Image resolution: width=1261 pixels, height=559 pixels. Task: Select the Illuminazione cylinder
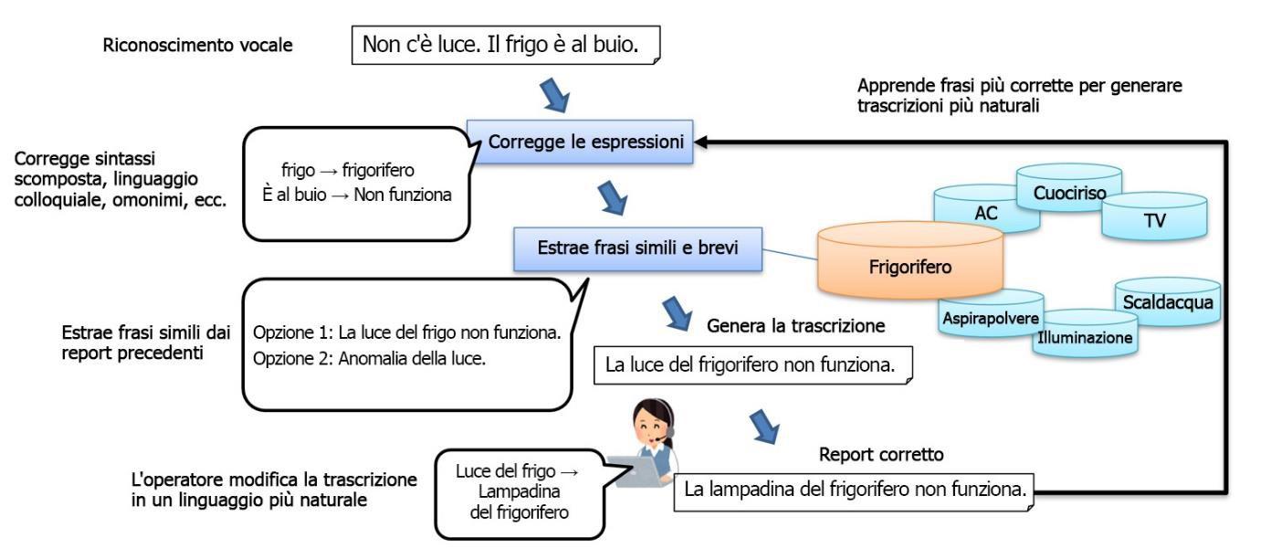[1084, 337]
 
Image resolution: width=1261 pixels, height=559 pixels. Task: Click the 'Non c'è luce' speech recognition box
[506, 44]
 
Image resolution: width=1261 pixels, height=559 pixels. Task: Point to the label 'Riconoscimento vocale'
[198, 44]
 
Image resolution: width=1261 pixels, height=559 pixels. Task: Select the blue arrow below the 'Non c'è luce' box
[556, 95]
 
